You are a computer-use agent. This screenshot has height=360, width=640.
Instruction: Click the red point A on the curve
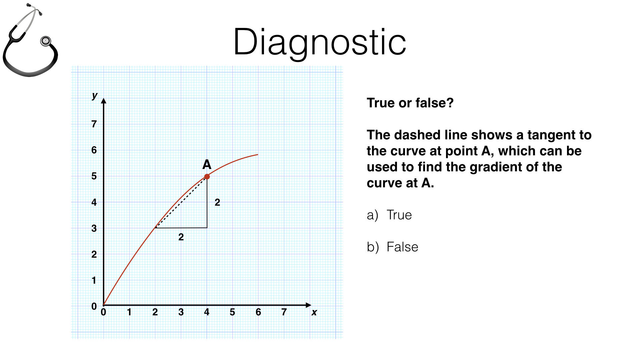point(207,177)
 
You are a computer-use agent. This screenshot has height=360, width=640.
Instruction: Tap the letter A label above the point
point(207,165)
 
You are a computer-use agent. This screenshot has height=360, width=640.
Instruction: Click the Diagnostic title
point(320,42)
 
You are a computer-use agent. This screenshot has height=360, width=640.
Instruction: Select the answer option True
point(399,215)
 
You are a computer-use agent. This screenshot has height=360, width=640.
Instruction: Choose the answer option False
point(402,247)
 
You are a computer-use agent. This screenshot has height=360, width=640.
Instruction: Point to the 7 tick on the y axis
point(94,124)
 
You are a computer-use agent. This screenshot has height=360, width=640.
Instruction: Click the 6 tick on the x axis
point(258,312)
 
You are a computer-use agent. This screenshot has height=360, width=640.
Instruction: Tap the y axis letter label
point(95,96)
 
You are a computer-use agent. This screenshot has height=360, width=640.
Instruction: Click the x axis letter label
point(314,312)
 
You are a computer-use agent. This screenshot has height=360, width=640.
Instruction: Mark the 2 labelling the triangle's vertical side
point(217,202)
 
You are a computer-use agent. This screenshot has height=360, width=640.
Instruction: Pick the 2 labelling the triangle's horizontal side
point(181,237)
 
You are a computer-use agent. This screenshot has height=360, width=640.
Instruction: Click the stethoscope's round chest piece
point(46,41)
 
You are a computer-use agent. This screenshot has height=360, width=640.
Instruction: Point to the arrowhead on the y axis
point(104,101)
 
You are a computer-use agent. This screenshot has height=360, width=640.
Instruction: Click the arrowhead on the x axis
point(308,305)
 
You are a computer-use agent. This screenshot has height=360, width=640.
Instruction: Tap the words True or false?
point(410,103)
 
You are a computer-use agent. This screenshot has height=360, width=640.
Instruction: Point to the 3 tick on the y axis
point(94,228)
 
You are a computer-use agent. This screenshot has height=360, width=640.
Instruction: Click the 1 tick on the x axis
point(129,312)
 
